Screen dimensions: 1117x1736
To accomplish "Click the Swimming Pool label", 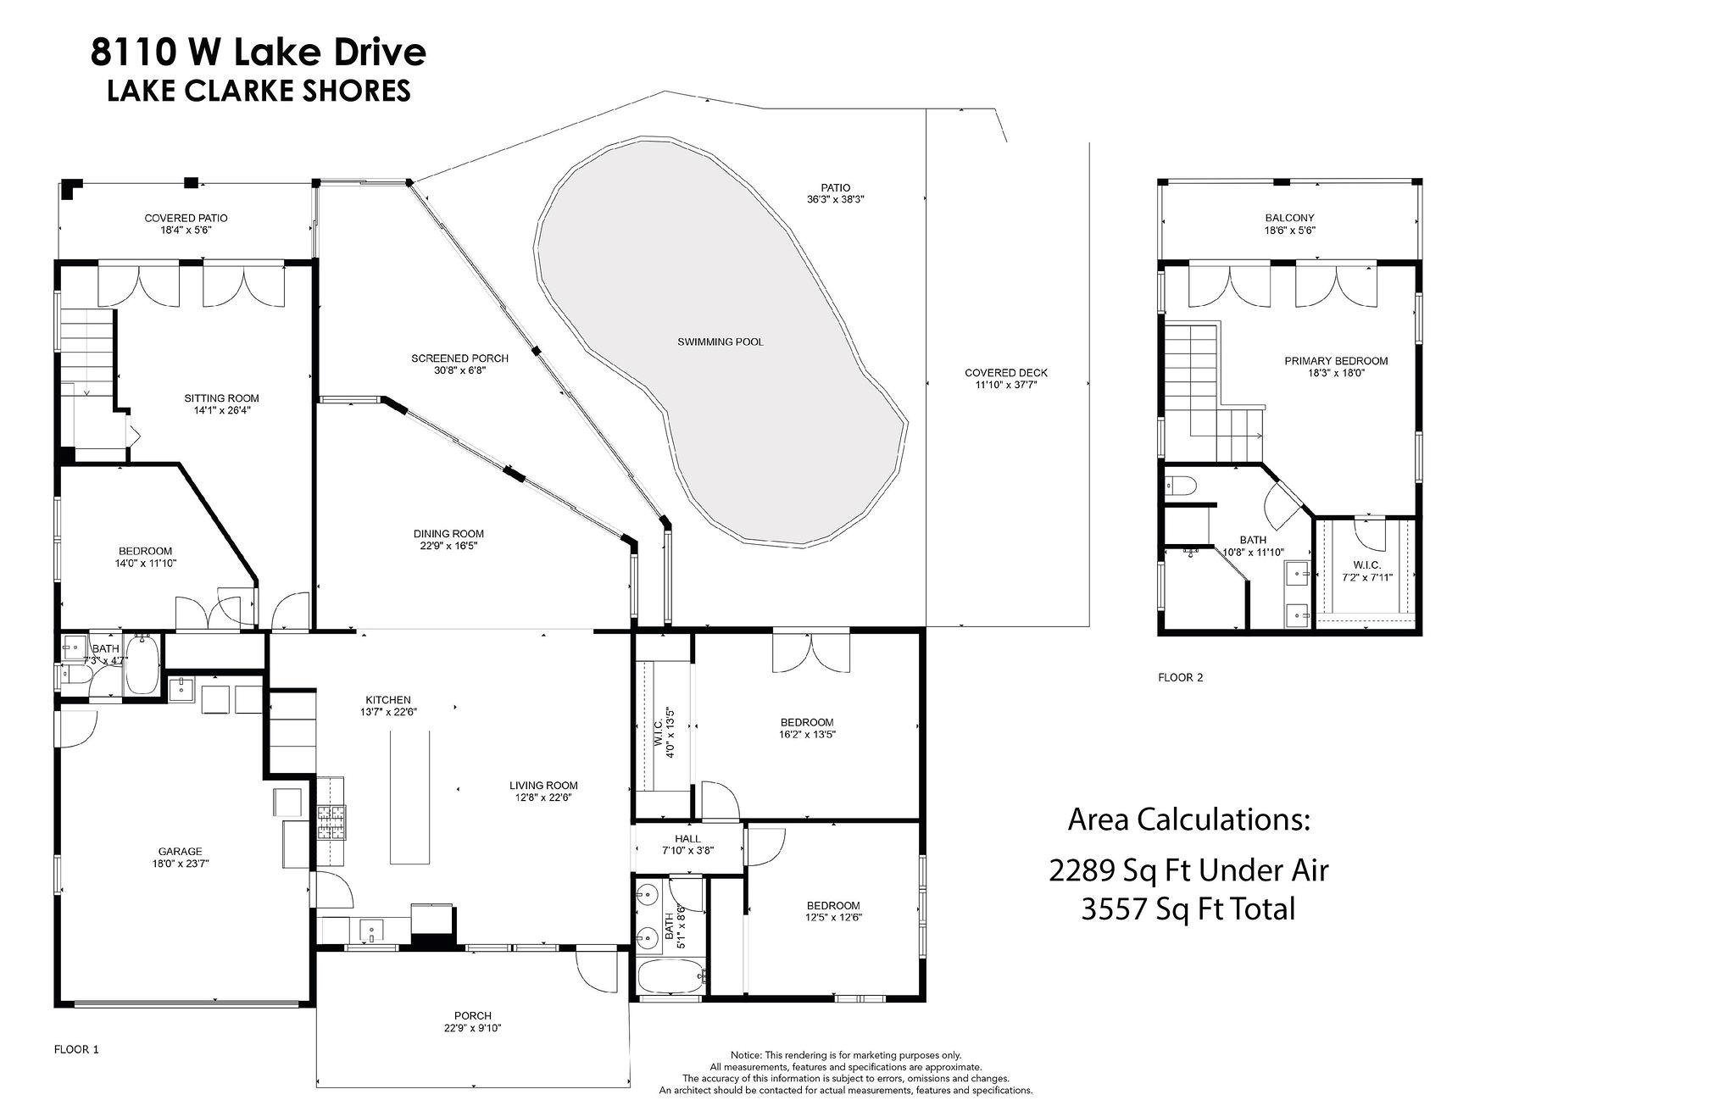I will pos(720,342).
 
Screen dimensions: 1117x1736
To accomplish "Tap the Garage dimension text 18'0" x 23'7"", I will pos(180,864).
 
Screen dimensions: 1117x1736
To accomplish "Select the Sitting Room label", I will pos(221,398).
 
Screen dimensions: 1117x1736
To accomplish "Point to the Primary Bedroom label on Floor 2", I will pos(1336,361).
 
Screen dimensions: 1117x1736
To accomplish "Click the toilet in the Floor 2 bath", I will pos(1181,486).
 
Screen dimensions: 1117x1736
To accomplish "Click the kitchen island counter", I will pos(409,798).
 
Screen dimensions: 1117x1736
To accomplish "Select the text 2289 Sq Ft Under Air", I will pos(1188,870).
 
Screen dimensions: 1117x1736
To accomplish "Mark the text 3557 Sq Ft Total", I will pos(1188,909).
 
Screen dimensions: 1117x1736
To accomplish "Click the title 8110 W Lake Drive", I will pos(259,53).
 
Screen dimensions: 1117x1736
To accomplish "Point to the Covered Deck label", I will pos(1006,373).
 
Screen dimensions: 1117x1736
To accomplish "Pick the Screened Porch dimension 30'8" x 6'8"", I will pos(459,370).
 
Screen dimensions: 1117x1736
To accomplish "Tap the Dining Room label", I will pos(448,534).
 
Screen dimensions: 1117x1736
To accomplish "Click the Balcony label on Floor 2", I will pos(1289,218).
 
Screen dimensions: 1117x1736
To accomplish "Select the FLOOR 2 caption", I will pos(1180,677).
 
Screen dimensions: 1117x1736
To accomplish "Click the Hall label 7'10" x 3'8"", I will pos(687,844).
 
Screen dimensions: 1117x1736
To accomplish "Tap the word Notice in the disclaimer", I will pos(746,1055).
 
